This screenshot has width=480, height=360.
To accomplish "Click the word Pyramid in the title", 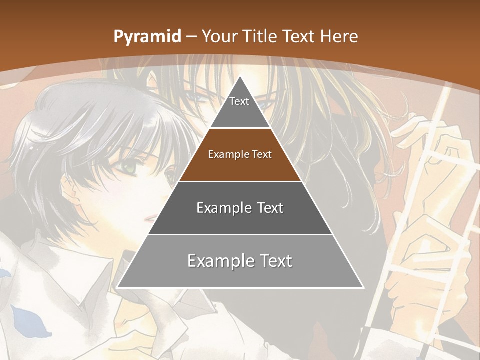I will tap(147, 37).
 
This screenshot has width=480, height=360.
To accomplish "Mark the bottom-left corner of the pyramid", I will tap(117, 288).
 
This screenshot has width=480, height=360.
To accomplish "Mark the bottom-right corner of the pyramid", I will tap(363, 288).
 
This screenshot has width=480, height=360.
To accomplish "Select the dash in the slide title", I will tap(191, 37).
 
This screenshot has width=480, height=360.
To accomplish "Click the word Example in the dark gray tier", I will tap(220, 208).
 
